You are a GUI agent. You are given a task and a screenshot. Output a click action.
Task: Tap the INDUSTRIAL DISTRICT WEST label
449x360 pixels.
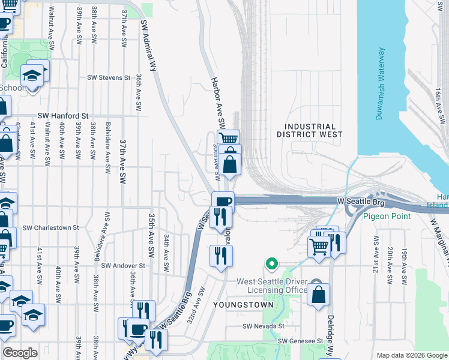coord(310,131)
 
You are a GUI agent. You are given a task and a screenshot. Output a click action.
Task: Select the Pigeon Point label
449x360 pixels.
coord(386,216)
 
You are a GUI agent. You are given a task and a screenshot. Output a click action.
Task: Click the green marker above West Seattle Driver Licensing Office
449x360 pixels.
coord(272,263)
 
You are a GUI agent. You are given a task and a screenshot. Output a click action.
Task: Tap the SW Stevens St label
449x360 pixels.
coord(109,77)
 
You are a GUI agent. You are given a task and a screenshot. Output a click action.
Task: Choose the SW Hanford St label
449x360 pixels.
coord(63,115)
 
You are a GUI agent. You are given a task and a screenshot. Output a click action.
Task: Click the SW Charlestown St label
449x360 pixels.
coord(51,227)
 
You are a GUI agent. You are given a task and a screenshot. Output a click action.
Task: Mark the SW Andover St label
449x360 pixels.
coord(123,265)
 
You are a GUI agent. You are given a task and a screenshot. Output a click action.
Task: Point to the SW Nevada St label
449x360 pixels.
coord(263,326)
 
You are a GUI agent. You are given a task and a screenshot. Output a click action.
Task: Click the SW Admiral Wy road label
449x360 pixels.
coord(148,45)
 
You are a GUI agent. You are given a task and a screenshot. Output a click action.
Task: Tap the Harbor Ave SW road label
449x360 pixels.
coord(217,102)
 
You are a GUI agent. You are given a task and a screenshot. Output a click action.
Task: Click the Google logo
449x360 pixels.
coord(20,353)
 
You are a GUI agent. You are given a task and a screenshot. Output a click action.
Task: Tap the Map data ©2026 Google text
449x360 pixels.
coord(411,355)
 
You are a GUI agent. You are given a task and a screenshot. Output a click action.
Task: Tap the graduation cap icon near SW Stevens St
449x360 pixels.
coord(31,75)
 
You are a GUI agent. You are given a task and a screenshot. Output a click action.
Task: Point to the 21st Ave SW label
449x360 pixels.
coord(376,252)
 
